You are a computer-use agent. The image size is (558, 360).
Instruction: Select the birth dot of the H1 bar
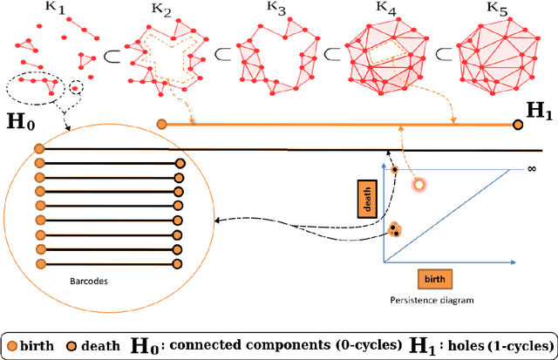161,125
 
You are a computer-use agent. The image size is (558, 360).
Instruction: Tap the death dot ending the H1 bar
518,125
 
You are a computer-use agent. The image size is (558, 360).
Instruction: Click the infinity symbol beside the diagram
530,168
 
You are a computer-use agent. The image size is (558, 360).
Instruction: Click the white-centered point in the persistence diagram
418,184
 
